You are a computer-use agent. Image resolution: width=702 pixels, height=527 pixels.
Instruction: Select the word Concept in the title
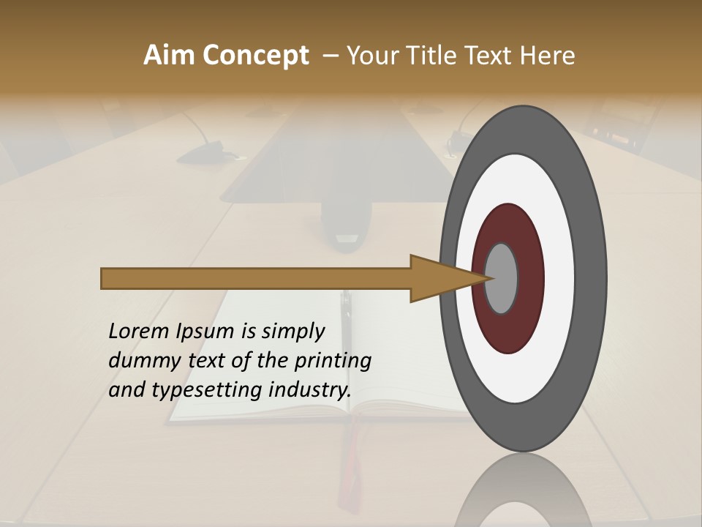point(255,56)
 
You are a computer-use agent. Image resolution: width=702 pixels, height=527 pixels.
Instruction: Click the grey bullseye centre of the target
point(502,279)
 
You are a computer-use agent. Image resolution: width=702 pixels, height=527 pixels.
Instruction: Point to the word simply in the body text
point(292,332)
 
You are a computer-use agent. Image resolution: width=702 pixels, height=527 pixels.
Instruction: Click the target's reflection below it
point(524,490)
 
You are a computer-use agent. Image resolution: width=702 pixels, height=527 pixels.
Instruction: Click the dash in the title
point(330,56)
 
